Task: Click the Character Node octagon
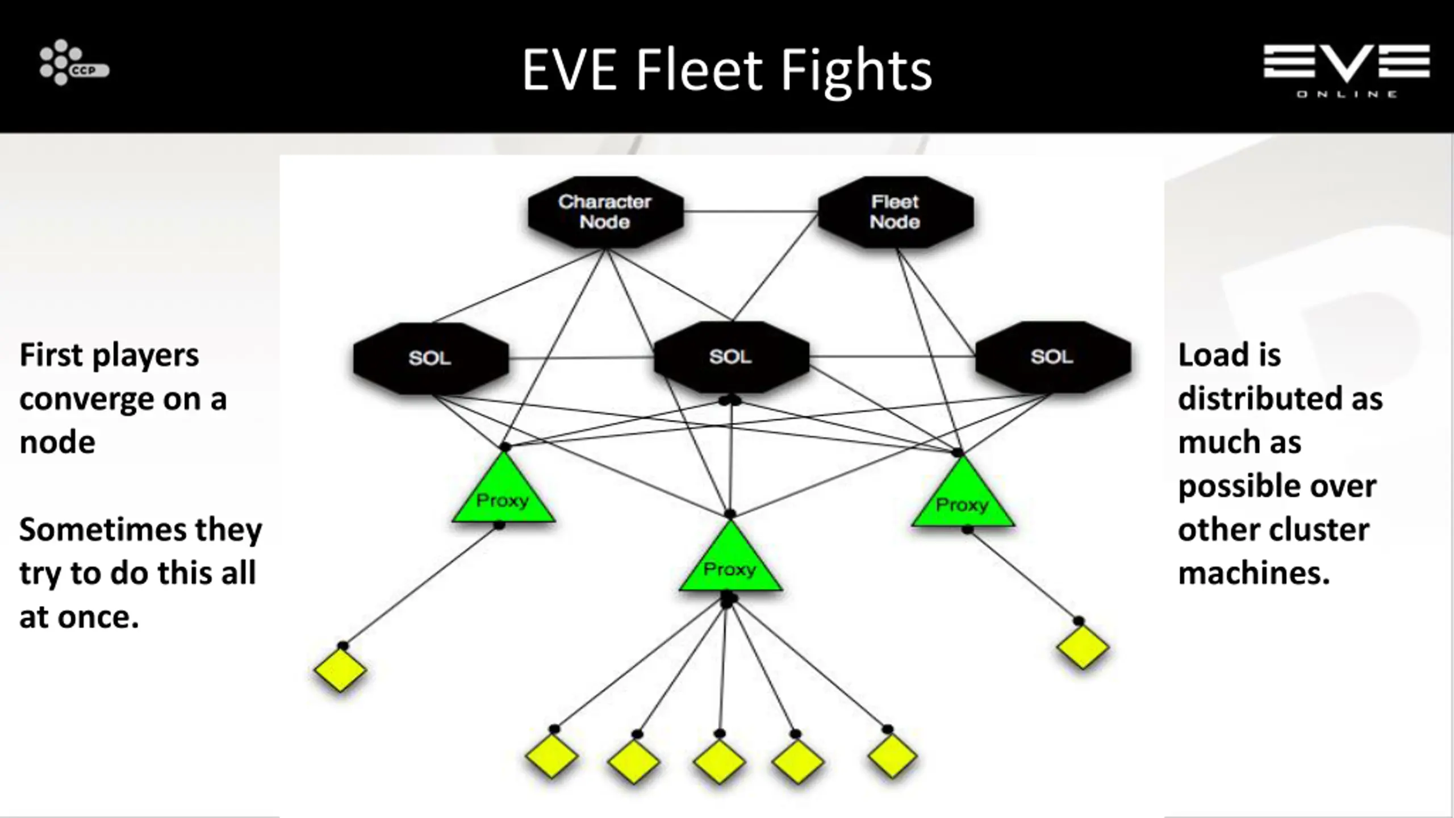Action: point(605,212)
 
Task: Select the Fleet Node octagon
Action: point(896,212)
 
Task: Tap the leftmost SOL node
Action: point(431,358)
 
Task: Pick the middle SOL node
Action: point(731,357)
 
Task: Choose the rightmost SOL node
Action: point(1052,357)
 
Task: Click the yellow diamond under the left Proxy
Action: point(340,670)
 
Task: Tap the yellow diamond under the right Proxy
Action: point(1083,647)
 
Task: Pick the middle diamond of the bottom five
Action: point(719,762)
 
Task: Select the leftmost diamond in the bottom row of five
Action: point(551,757)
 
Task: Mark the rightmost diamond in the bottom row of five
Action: point(892,757)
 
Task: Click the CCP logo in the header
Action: point(74,62)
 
